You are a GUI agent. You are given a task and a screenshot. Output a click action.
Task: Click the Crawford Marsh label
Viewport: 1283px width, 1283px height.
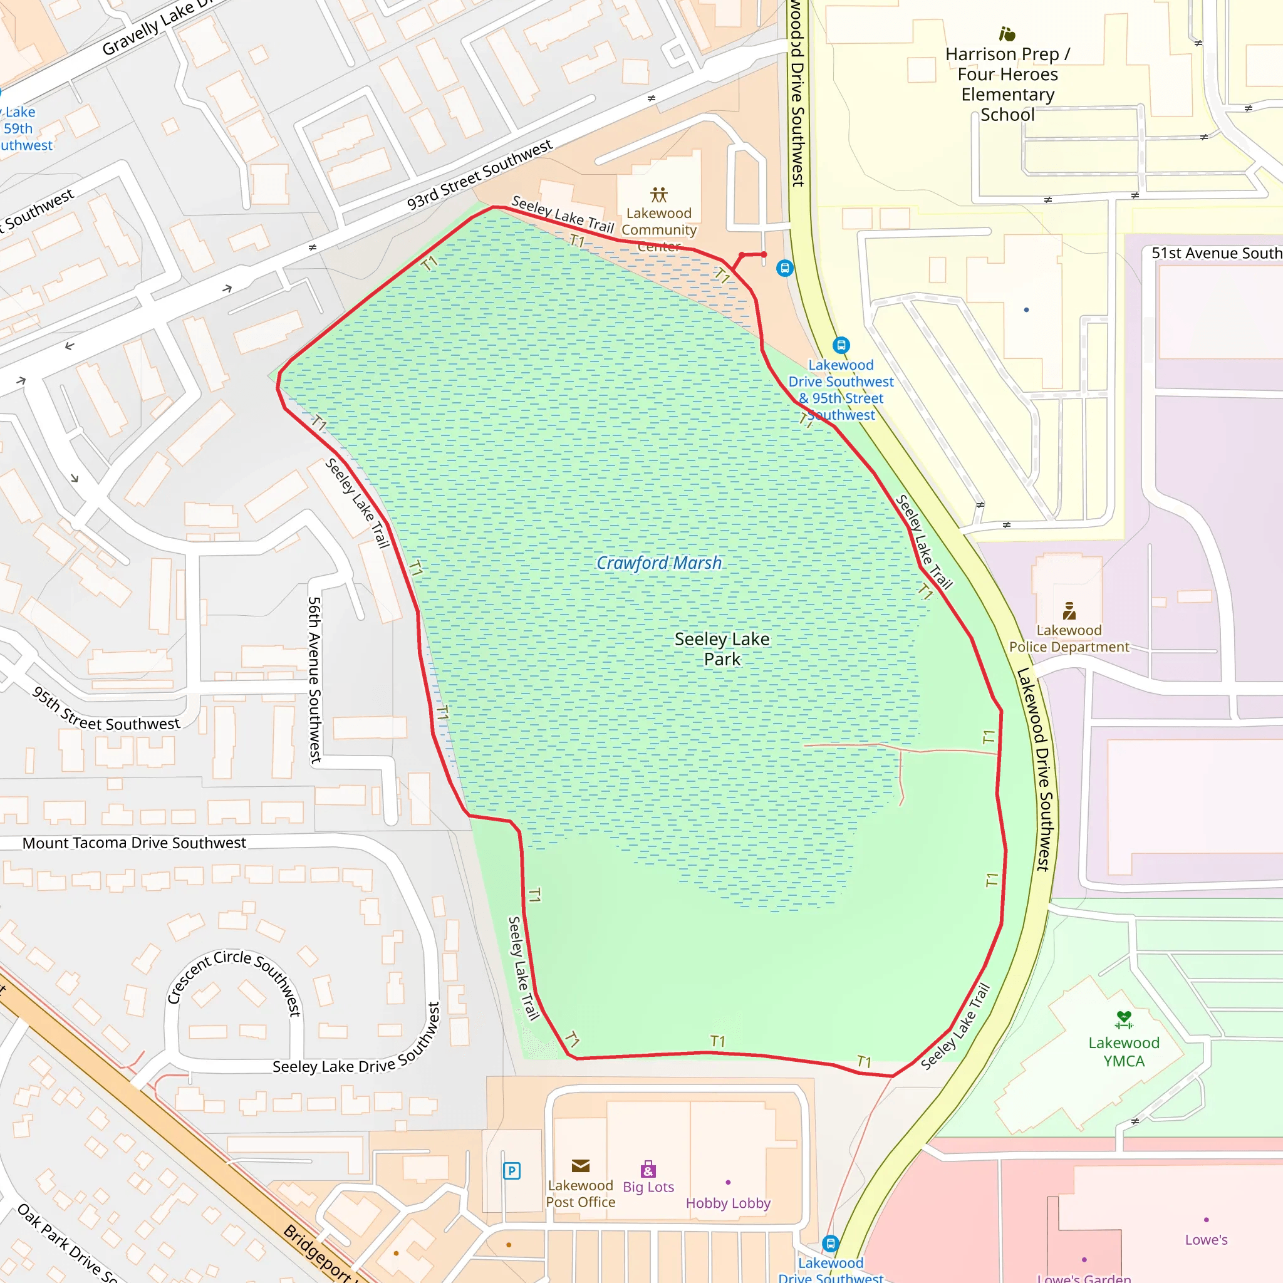pyautogui.click(x=658, y=563)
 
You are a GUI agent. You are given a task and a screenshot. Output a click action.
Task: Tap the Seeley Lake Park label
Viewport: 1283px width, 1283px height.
pyautogui.click(x=722, y=649)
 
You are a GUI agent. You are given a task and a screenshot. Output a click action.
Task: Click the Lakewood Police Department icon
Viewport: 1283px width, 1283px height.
pyautogui.click(x=1069, y=610)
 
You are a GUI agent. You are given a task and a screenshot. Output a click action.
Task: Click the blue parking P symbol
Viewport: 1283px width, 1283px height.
pyautogui.click(x=511, y=1171)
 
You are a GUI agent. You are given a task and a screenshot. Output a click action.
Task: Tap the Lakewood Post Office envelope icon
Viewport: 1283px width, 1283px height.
pyautogui.click(x=579, y=1165)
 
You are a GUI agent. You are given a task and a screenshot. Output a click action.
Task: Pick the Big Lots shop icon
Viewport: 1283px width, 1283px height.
pyautogui.click(x=648, y=1170)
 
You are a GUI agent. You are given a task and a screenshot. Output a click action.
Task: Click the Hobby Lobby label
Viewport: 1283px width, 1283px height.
pyautogui.click(x=728, y=1203)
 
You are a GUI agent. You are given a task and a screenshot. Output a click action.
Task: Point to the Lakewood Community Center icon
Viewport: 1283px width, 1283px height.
pyautogui.click(x=658, y=195)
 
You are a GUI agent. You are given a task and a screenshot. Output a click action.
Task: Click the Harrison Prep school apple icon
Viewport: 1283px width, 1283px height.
pyautogui.click(x=1007, y=33)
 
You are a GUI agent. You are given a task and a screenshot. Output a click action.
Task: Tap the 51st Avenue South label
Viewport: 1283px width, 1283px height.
pyautogui.click(x=1215, y=253)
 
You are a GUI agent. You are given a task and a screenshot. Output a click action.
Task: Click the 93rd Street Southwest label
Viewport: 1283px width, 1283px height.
pyautogui.click(x=479, y=174)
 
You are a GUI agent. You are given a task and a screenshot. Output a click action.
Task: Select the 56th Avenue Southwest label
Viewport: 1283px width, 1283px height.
pyautogui.click(x=314, y=678)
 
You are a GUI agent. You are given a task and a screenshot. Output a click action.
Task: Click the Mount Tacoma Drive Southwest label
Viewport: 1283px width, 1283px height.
pyautogui.click(x=134, y=842)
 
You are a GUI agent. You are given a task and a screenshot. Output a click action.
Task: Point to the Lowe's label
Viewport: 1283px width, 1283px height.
pyautogui.click(x=1205, y=1239)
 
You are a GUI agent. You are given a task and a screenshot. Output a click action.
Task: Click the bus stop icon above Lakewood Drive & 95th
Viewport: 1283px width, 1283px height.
pyautogui.click(x=841, y=345)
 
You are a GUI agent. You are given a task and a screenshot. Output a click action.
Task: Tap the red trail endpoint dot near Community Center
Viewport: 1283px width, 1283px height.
pyautogui.click(x=764, y=254)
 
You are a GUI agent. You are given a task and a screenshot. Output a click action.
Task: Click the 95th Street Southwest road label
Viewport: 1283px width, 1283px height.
pyautogui.click(x=106, y=714)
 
